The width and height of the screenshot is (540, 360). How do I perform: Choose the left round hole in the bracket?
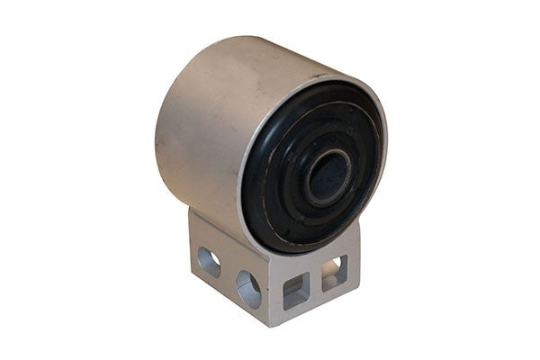[210, 262]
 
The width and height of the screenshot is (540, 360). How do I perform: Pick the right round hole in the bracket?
[248, 288]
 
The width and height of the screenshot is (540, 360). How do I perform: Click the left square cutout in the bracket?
[294, 291]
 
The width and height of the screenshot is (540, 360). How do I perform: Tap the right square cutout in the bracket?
[334, 271]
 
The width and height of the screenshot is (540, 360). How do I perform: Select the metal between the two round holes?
[229, 275]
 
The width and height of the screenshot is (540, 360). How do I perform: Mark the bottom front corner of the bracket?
[273, 327]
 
